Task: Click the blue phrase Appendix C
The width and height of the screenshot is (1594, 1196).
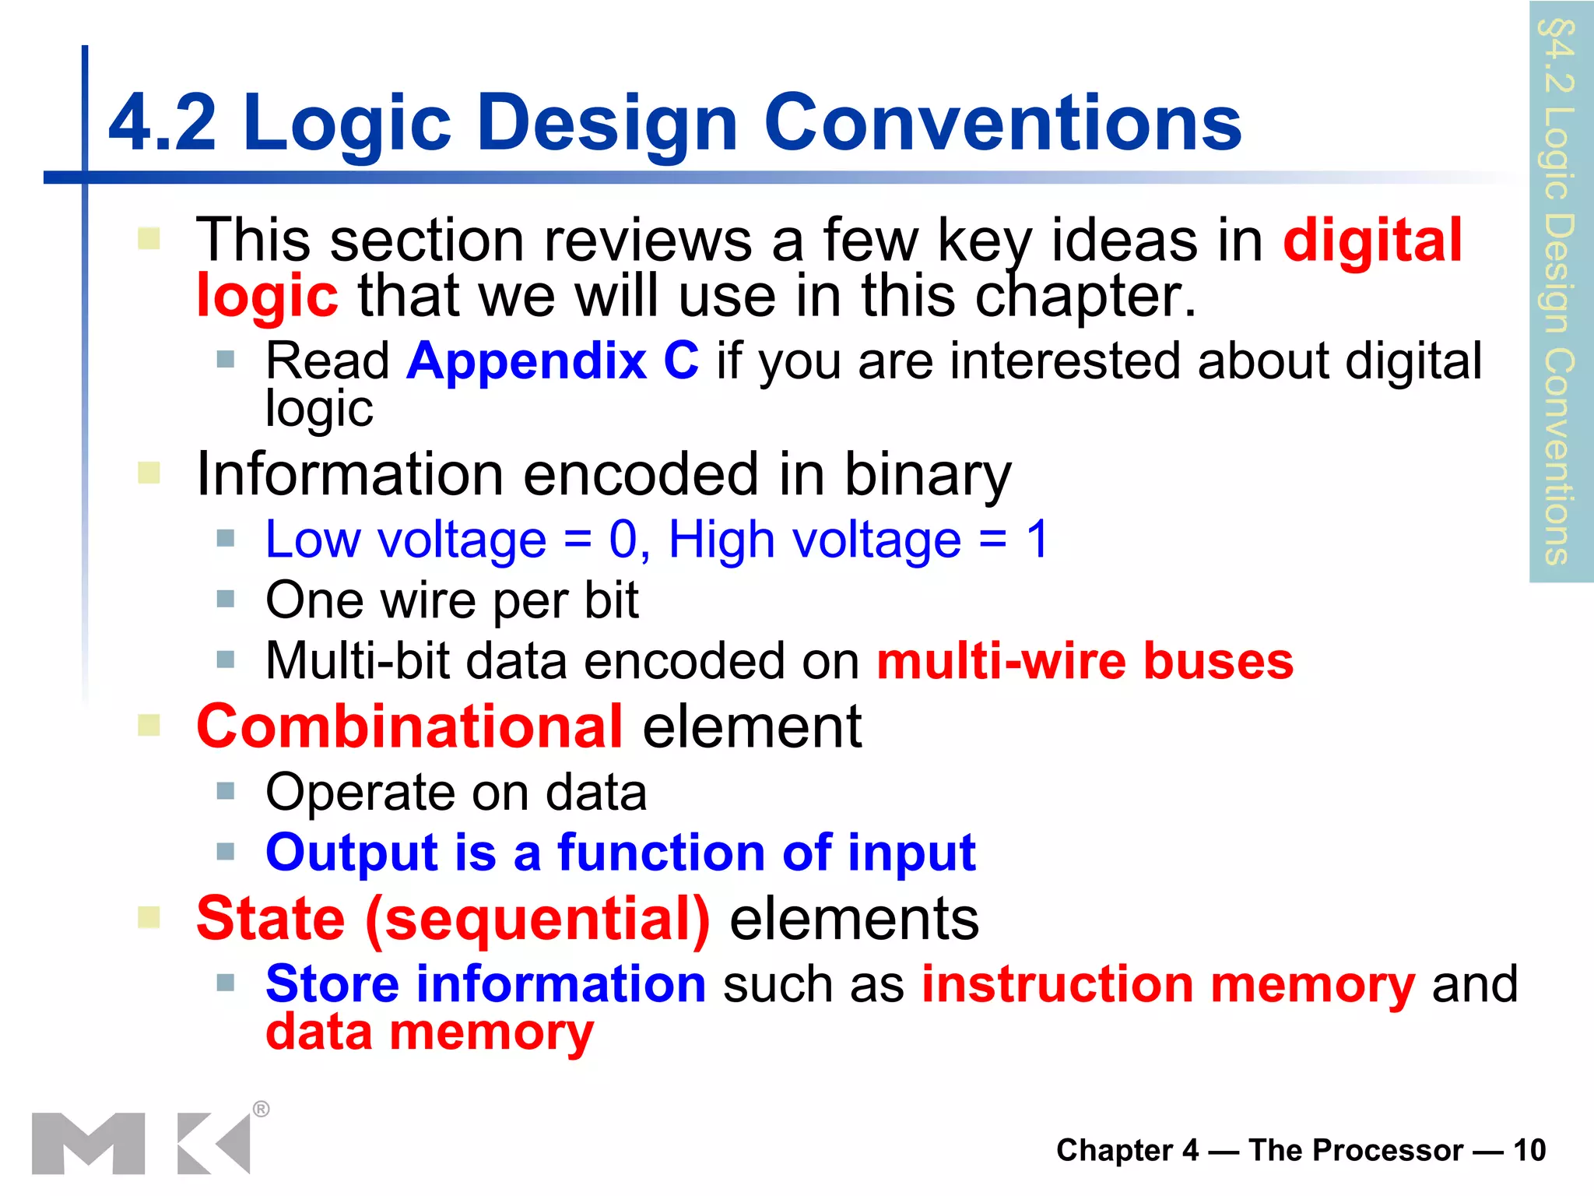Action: click(x=552, y=361)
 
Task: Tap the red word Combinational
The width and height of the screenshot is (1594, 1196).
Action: click(x=409, y=726)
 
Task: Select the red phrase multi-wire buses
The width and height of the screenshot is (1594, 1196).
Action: click(x=1085, y=661)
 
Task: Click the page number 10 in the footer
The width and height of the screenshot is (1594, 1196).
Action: click(x=1529, y=1150)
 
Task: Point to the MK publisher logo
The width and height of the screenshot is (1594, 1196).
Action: click(x=140, y=1142)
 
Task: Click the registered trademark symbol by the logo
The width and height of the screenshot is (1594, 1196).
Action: click(x=262, y=1109)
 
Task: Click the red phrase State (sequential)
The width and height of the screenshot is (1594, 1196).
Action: click(x=453, y=919)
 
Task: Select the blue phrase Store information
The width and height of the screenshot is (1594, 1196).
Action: click(x=485, y=983)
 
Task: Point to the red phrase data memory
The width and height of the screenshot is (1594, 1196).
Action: click(x=430, y=1032)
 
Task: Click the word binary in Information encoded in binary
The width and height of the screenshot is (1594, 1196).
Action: click(x=928, y=474)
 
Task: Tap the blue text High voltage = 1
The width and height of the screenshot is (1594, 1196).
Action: click(x=858, y=540)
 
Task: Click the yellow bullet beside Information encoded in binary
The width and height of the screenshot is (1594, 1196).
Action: click(x=149, y=472)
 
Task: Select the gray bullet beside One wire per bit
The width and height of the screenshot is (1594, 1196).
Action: click(x=226, y=599)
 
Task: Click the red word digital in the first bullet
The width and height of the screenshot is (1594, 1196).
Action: click(x=1372, y=241)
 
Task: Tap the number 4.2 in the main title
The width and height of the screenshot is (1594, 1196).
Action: click(x=163, y=123)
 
